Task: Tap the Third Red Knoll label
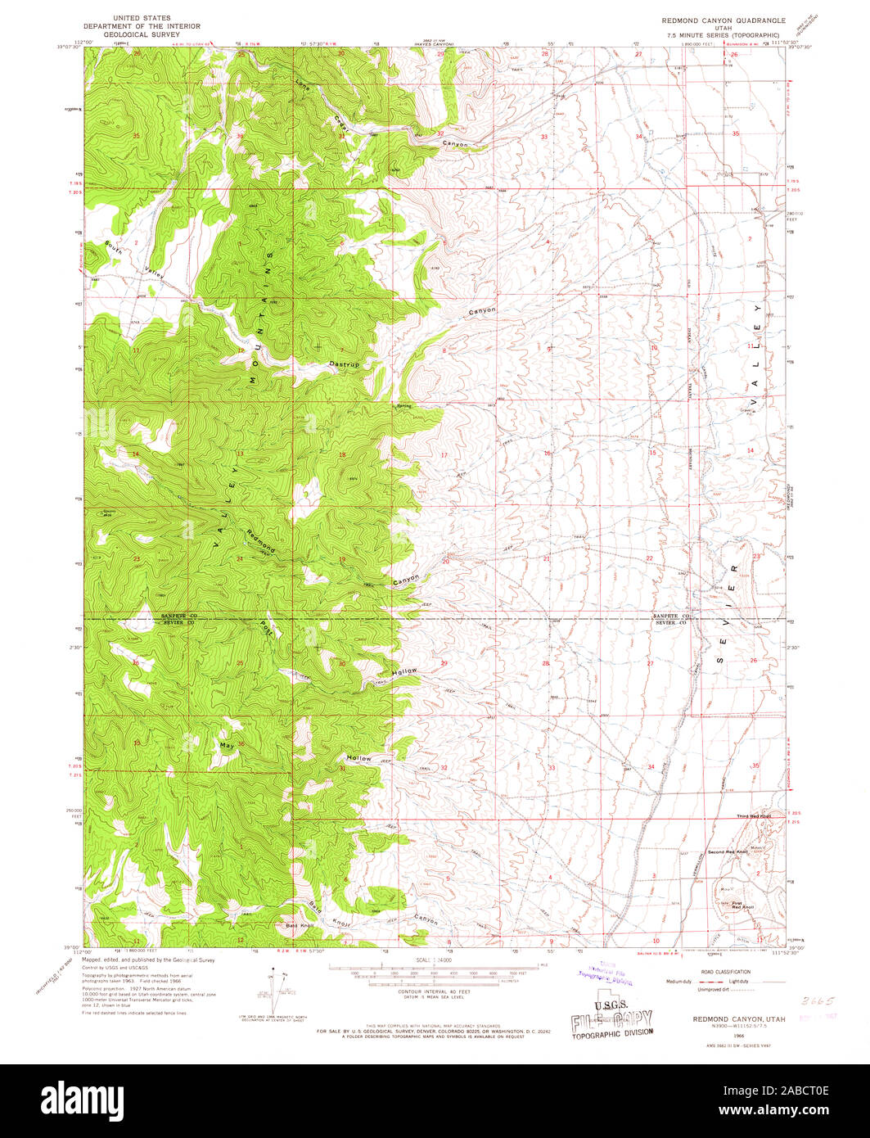[754, 816]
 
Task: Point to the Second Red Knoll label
[728, 852]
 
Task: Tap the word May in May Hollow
[227, 746]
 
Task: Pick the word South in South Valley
[114, 246]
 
